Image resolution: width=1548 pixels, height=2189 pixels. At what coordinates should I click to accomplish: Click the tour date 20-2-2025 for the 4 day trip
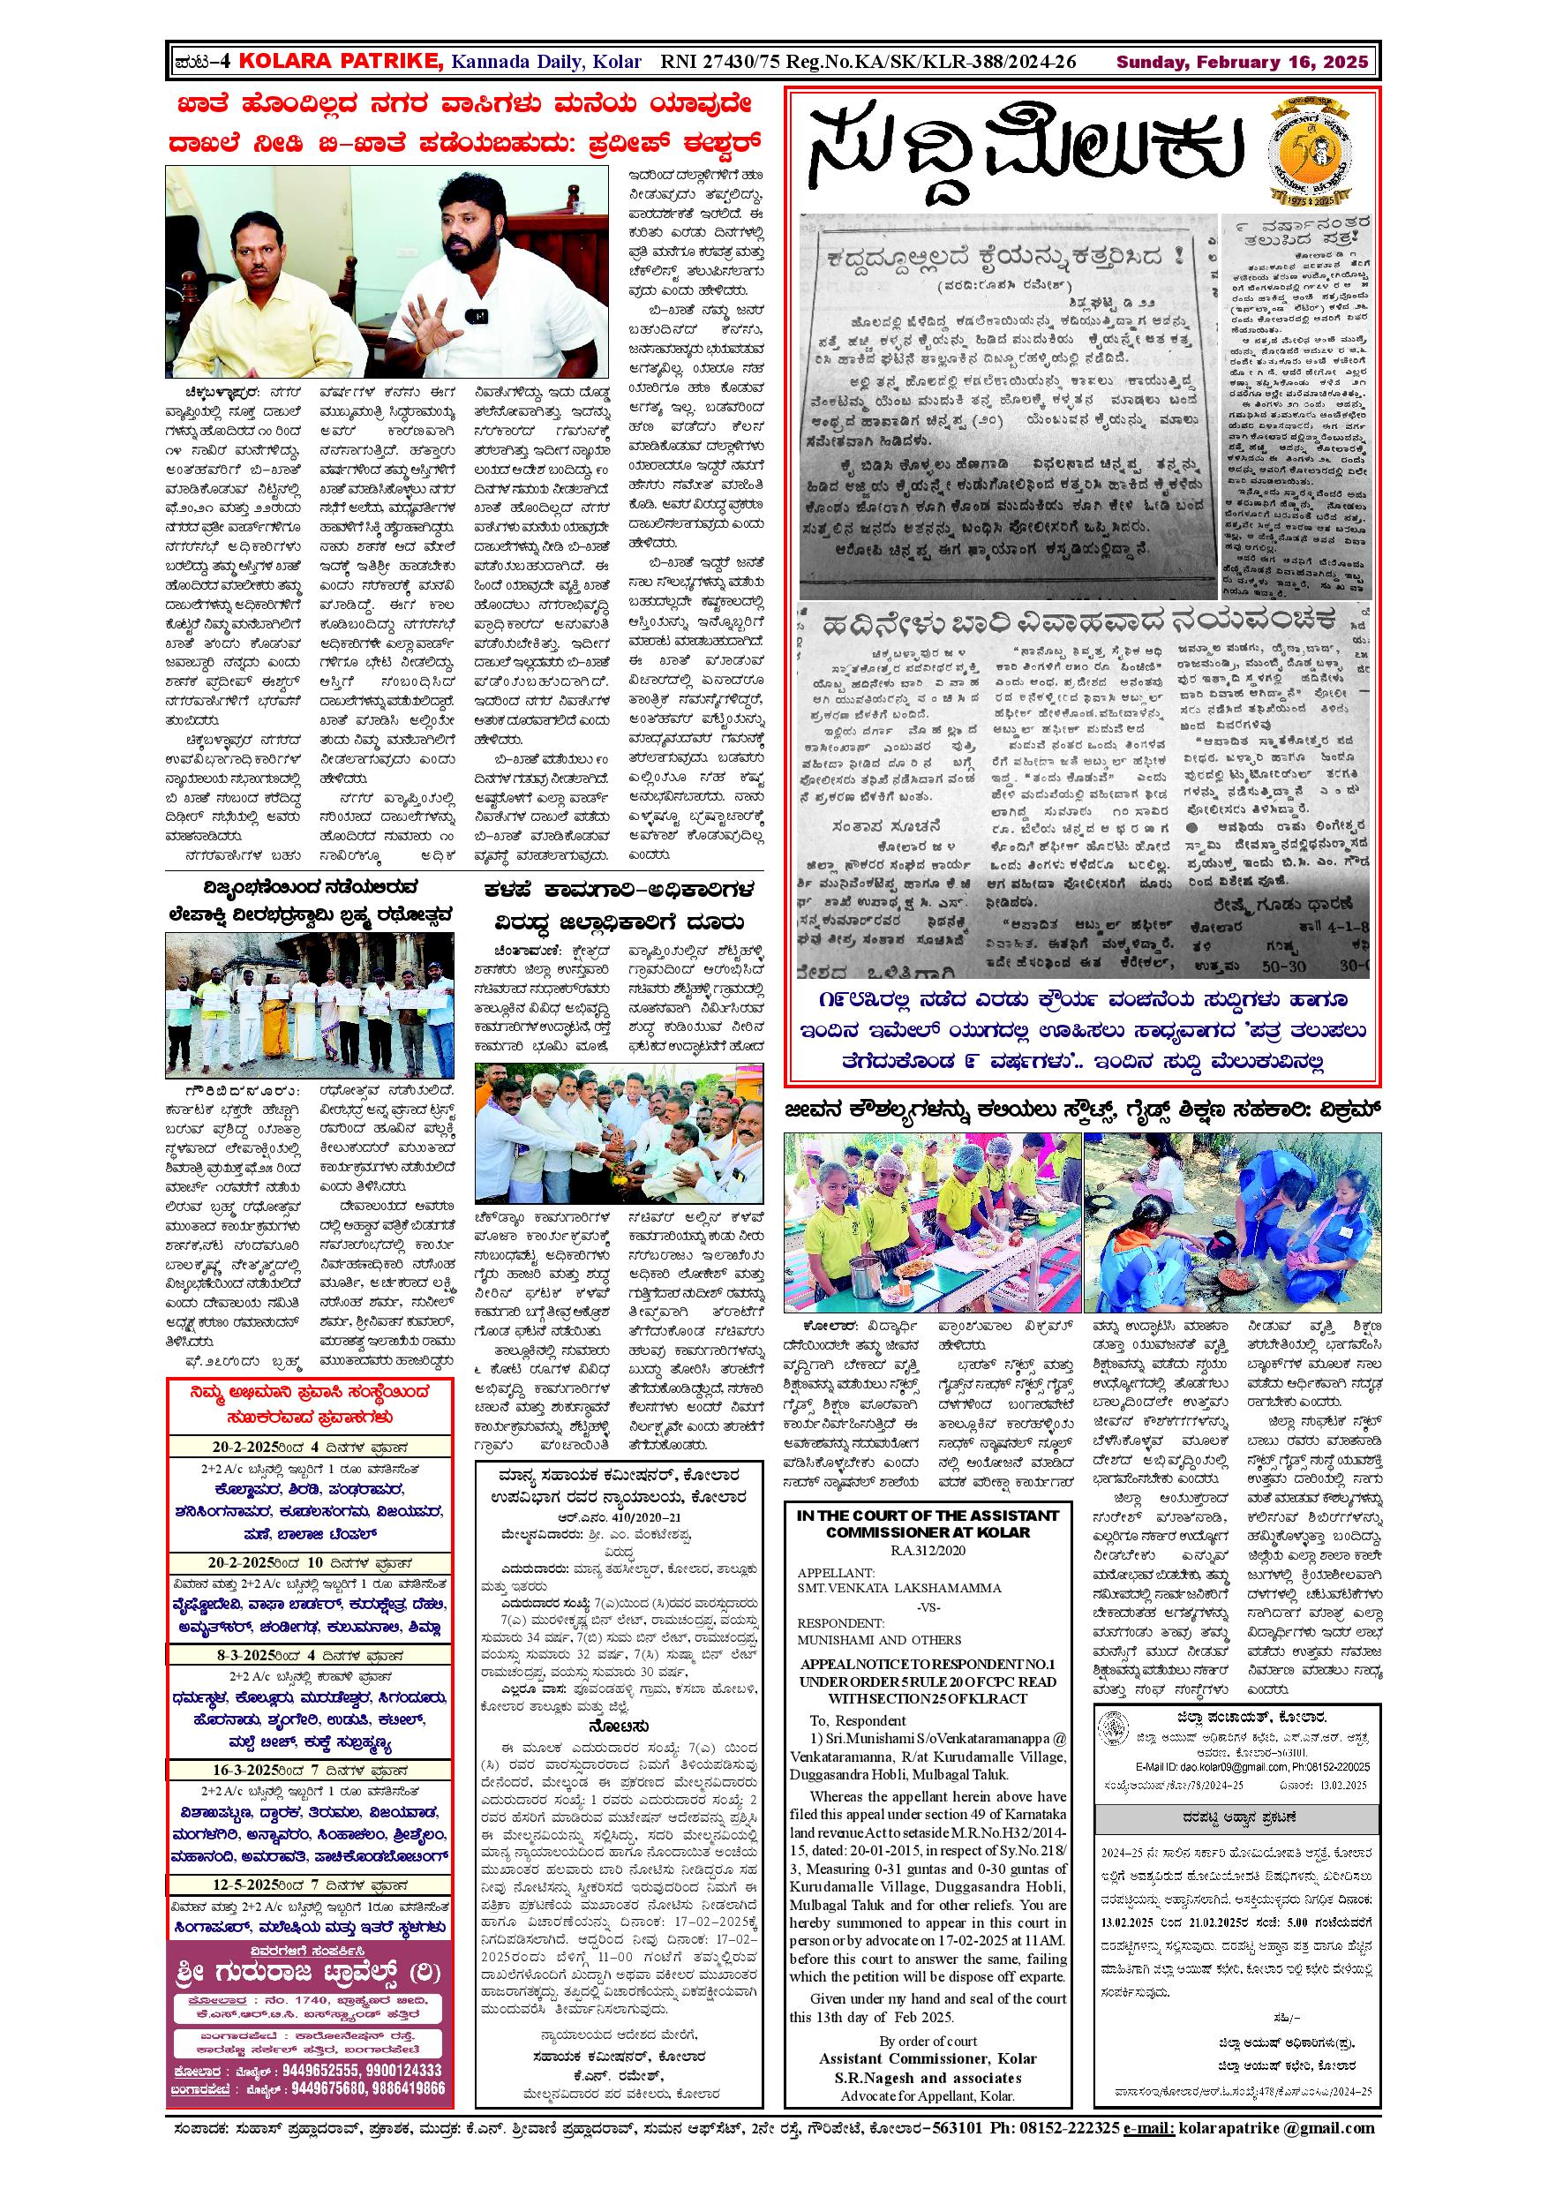[x=234, y=1448]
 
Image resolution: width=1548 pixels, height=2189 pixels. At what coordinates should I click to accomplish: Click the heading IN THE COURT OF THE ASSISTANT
[x=928, y=1515]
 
